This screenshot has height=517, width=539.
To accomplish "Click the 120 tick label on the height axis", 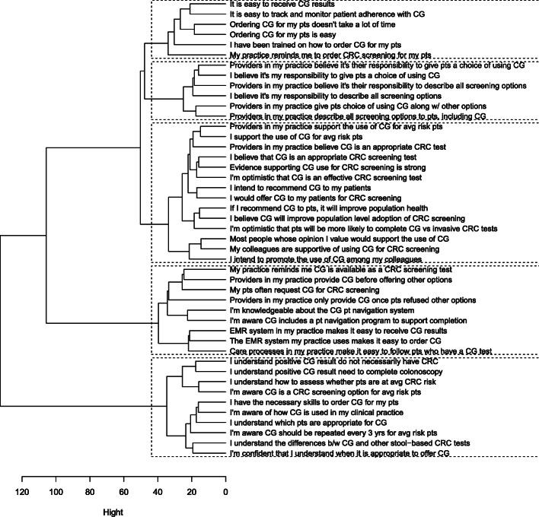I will [x=23, y=493].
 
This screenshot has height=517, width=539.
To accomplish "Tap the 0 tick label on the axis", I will [x=225, y=493].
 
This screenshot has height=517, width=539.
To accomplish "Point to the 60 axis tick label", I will [x=124, y=493].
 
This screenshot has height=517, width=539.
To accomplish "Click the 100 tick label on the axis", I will [x=56, y=493].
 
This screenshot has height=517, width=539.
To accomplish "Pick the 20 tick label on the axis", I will [x=192, y=493].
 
